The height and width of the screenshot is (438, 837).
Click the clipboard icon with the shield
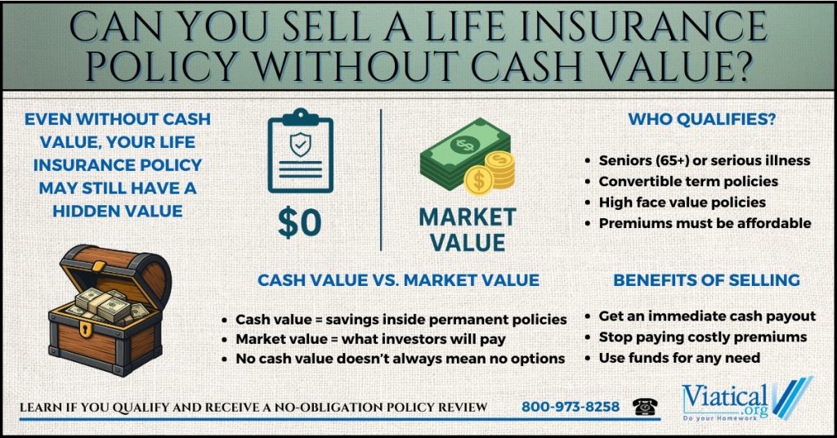301,150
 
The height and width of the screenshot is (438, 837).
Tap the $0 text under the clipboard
300,223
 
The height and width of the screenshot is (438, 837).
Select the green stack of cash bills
463,154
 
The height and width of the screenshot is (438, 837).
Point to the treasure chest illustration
110,310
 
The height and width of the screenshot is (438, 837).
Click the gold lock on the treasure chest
85,328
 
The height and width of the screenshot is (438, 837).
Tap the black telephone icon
645,406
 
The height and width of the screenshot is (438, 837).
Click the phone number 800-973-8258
571,406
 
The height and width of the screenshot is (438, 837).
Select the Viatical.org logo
746,399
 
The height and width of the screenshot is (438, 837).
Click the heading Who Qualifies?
702,118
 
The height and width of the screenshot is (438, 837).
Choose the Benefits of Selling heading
706,279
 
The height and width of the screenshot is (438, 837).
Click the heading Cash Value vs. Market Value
398,280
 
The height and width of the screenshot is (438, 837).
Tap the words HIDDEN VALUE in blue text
118,211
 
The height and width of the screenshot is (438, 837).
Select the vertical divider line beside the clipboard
381,180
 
